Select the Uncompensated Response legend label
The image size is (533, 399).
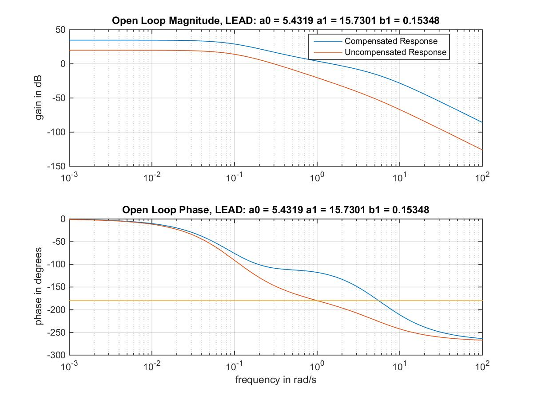pyautogui.click(x=395, y=52)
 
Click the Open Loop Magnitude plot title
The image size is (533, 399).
pyautogui.click(x=276, y=21)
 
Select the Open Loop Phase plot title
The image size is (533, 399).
pyautogui.click(x=276, y=210)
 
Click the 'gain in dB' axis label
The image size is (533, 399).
pyautogui.click(x=40, y=98)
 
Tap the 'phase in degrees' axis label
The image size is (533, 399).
pyautogui.click(x=40, y=287)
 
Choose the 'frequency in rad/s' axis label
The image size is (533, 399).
pyautogui.click(x=276, y=379)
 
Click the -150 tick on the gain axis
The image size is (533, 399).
pyautogui.click(x=56, y=166)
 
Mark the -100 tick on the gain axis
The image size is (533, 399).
pyautogui.click(x=56, y=132)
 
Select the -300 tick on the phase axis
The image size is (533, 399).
pyautogui.click(x=56, y=355)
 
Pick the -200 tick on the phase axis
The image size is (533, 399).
pyautogui.click(x=56, y=310)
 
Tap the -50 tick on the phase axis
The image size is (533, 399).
pyautogui.click(x=58, y=242)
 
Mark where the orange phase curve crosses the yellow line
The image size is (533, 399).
pyautogui.click(x=317, y=301)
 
